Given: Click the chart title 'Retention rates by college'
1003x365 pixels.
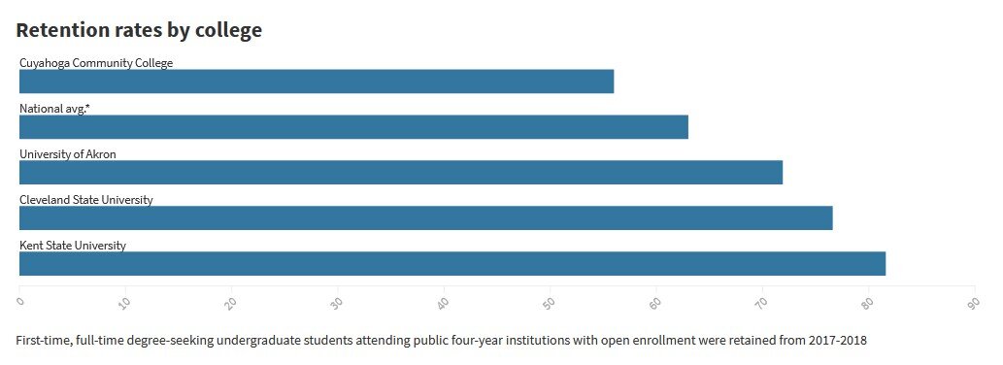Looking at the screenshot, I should pyautogui.click(x=139, y=30).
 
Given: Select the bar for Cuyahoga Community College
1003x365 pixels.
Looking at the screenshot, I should pyautogui.click(x=317, y=82).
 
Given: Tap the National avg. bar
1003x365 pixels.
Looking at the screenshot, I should pyautogui.click(x=353, y=127).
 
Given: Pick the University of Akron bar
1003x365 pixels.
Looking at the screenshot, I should pyautogui.click(x=401, y=173).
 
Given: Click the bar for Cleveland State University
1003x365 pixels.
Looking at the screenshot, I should pyautogui.click(x=425, y=218).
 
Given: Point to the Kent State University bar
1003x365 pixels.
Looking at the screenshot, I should pyautogui.click(x=452, y=264).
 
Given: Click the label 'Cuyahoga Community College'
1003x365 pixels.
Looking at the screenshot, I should pyautogui.click(x=96, y=63).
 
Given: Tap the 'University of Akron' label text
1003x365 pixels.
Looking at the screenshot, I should pyautogui.click(x=68, y=154).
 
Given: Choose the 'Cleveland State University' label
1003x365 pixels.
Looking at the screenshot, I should pyautogui.click(x=86, y=200).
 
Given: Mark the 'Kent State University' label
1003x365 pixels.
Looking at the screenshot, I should pyautogui.click(x=73, y=246).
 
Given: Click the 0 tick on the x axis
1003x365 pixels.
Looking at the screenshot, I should pyautogui.click(x=19, y=301).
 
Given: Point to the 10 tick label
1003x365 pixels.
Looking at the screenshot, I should pyautogui.click(x=123, y=303).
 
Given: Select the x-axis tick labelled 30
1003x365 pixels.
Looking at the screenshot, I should pyautogui.click(x=335, y=303).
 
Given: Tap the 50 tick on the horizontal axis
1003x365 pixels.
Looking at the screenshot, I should pyautogui.click(x=548, y=303).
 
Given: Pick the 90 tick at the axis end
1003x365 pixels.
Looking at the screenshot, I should pyautogui.click(x=972, y=303).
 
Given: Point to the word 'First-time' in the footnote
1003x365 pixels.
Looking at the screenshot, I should pyautogui.click(x=44, y=341).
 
